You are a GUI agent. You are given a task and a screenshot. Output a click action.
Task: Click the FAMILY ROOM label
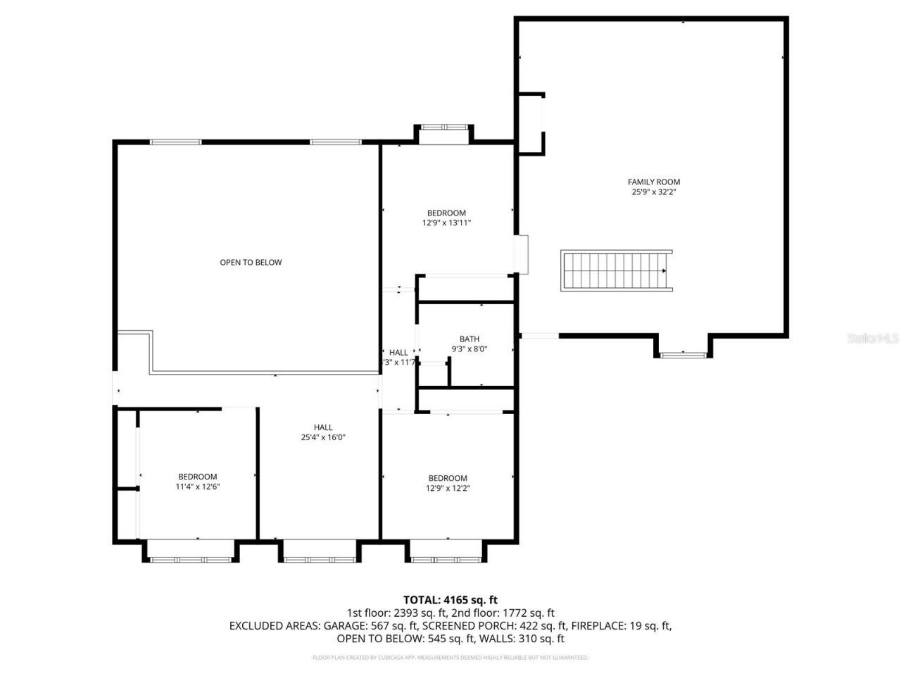pos(654,182)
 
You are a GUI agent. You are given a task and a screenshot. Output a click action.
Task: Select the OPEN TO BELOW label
pos(251,263)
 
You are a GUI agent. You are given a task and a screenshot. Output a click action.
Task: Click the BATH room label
pos(469,339)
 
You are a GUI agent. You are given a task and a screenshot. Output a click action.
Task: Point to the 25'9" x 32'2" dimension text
pos(654,192)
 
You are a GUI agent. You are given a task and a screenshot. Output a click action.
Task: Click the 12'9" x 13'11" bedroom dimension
pos(446,223)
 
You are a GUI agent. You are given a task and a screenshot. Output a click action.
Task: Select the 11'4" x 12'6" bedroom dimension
pos(197,487)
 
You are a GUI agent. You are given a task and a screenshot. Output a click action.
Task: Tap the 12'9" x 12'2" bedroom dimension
pos(448,488)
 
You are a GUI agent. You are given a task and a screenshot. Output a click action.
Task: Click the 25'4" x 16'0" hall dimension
pos(323,437)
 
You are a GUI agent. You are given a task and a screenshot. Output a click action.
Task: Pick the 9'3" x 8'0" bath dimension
pos(469,349)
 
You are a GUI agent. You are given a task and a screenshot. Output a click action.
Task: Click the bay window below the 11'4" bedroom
pos(190,558)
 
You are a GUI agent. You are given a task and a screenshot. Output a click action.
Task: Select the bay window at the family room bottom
pos(682,353)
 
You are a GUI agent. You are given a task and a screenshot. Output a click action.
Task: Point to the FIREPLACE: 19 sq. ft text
pos(621,626)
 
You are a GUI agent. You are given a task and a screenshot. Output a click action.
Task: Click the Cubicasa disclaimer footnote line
pos(450,658)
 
